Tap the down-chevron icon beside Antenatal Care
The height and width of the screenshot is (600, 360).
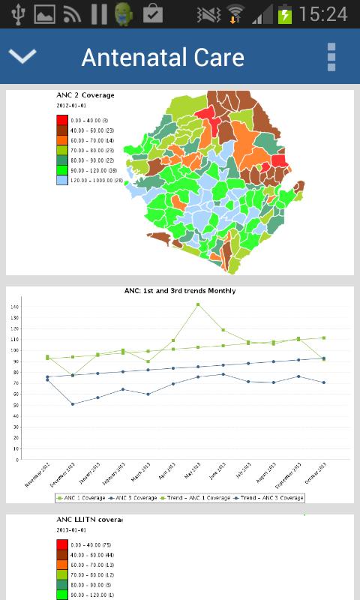pos(22,56)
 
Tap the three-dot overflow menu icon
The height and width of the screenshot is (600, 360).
pos(331,57)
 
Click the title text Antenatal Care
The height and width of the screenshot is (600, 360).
pos(163,57)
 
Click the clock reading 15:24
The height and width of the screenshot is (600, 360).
pos(322,13)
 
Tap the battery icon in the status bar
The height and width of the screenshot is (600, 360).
pos(285,13)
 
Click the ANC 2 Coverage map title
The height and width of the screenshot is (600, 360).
pos(85,95)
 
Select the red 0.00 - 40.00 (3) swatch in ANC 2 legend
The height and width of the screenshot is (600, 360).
pos(62,120)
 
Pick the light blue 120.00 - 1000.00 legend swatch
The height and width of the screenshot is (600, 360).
pos(62,180)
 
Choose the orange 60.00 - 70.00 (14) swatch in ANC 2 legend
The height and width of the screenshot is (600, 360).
pos(62,140)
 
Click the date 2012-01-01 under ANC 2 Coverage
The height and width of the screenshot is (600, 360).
pos(72,106)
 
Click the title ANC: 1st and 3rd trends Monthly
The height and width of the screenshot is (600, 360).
pos(180,291)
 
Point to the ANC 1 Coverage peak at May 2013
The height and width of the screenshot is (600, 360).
pos(198,304)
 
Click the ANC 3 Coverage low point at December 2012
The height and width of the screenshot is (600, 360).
pos(73,404)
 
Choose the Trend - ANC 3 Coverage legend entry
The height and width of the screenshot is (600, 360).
pos(271,497)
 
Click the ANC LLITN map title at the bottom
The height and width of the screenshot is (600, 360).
pos(89,519)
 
